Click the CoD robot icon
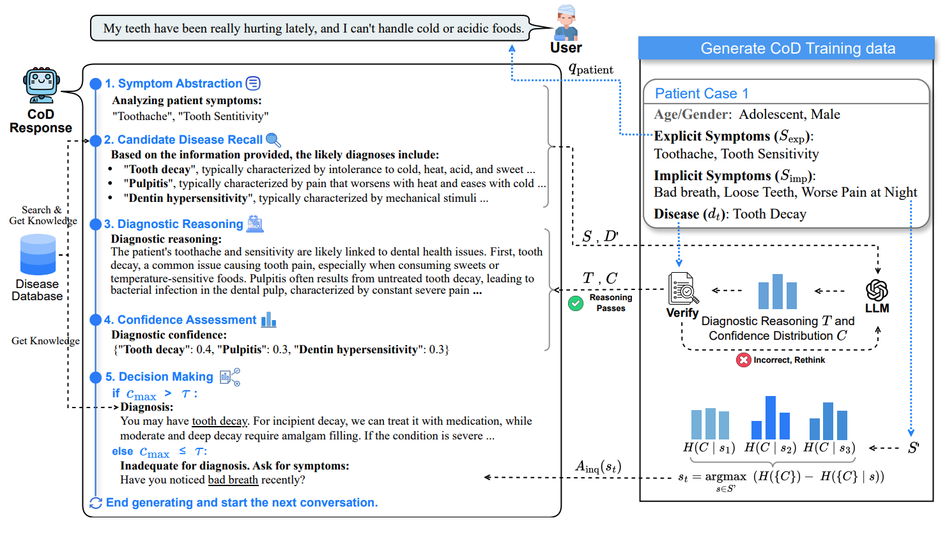(42, 85)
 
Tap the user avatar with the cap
(566, 24)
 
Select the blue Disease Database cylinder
(38, 254)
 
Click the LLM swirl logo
(877, 290)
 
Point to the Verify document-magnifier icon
(682, 289)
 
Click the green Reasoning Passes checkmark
(576, 303)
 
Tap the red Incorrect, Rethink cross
(743, 360)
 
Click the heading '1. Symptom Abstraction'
(174, 84)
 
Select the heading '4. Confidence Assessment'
(180, 320)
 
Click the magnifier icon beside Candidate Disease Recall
(273, 140)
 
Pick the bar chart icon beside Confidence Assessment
(268, 319)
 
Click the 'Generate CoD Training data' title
(797, 49)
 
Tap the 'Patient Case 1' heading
(701, 93)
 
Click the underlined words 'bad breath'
(233, 480)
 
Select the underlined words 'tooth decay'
(219, 421)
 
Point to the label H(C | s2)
(769, 448)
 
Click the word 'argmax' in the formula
(725, 477)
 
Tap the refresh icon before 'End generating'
(96, 503)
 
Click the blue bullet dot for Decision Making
(96, 377)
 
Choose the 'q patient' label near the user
(590, 69)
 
